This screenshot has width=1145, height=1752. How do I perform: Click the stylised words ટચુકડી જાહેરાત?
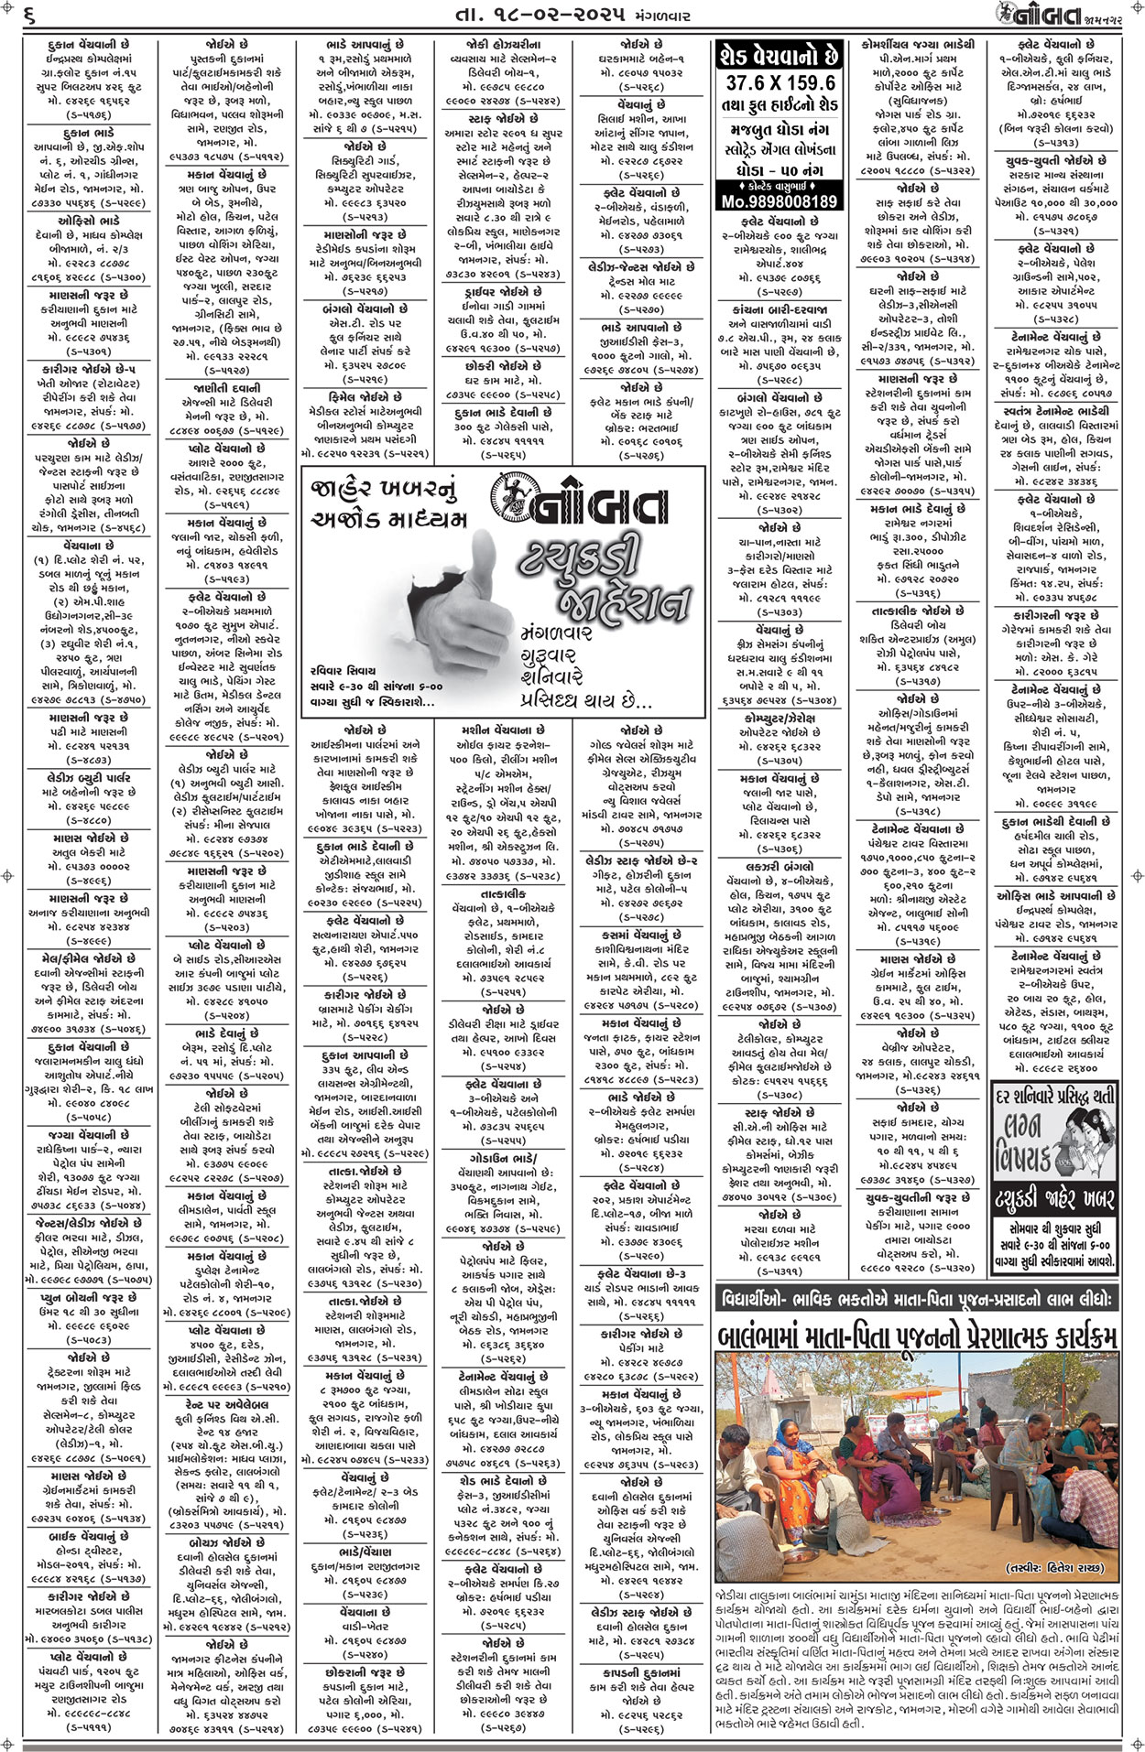click(600, 577)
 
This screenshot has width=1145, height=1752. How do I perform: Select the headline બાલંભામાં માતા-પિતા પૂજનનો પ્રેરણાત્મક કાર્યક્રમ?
click(916, 1338)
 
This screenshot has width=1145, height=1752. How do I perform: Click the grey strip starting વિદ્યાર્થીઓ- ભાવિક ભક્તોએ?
click(916, 1299)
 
